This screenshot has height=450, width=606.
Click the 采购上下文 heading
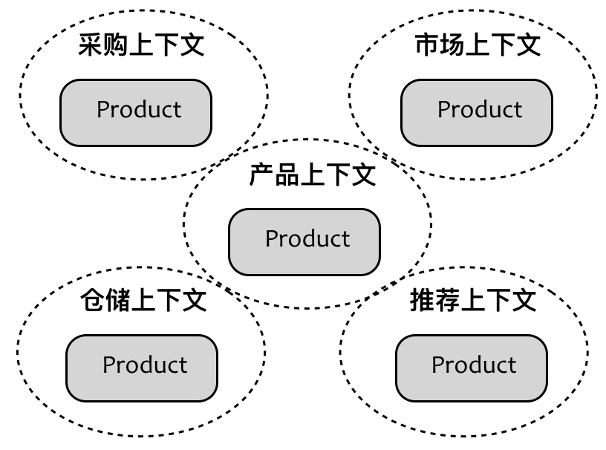point(141,45)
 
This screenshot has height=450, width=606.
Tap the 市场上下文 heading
point(478,45)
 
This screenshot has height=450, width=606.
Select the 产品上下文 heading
point(312,175)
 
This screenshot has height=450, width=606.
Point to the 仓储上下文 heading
point(143,301)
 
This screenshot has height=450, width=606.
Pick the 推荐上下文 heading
point(473,301)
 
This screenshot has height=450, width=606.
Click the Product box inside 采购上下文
point(136,112)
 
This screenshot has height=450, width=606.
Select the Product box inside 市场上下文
point(477,112)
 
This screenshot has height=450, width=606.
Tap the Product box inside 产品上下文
point(304,241)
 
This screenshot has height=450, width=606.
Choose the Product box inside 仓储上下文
point(142,368)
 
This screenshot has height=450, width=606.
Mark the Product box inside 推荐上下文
point(472,368)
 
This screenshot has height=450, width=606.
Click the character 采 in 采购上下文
point(91,45)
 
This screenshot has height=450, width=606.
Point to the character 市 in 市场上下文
point(427,45)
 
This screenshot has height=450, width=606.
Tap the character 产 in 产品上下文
point(261,175)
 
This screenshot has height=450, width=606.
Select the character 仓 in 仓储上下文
point(93,301)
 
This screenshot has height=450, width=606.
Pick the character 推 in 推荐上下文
point(423,301)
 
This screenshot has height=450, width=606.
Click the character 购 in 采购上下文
point(116,45)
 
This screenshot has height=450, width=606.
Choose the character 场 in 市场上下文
point(452,45)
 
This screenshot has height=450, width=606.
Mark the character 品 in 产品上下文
point(287,175)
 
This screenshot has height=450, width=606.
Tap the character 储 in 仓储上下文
point(118,301)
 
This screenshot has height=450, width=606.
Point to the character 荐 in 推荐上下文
point(448,301)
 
